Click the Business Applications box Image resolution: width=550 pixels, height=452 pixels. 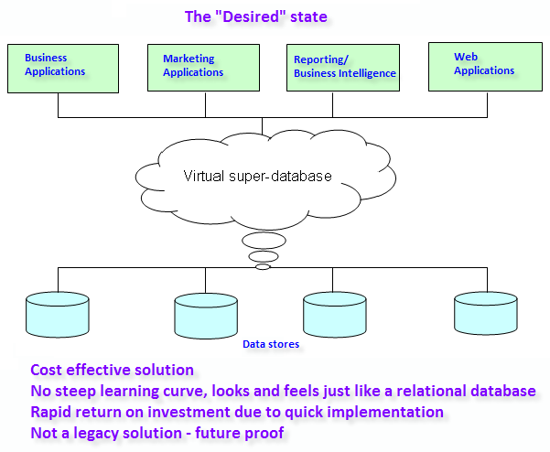point(63,69)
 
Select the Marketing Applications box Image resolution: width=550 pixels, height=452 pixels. point(203,68)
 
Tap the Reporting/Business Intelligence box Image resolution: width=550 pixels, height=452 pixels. point(343,68)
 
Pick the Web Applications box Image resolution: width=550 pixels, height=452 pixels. point(485,67)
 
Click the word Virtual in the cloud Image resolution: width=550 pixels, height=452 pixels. point(204,176)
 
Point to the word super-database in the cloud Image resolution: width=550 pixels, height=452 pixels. point(280,177)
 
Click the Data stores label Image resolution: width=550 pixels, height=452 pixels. point(271,344)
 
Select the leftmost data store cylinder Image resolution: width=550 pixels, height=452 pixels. point(58,315)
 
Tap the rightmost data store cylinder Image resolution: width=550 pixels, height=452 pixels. point(486,313)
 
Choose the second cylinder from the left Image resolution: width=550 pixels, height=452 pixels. point(206,316)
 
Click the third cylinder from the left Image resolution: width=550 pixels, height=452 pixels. point(335,315)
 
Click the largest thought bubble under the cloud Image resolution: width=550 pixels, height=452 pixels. point(264,241)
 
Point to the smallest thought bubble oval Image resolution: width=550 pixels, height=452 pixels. point(263,267)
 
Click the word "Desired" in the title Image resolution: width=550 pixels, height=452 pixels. point(253,16)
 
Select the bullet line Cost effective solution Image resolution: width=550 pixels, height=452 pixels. point(112,370)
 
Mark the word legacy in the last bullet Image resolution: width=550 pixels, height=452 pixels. point(92,434)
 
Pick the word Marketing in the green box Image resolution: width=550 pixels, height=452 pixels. point(189,59)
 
